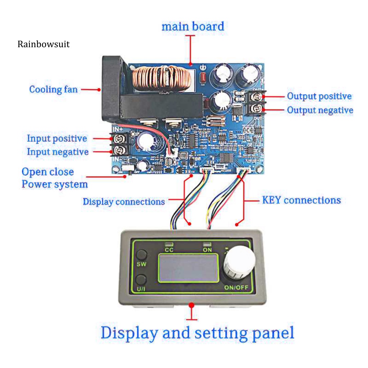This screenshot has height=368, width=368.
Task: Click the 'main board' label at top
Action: tap(192, 27)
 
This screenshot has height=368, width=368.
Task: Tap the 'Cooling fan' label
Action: tap(53, 89)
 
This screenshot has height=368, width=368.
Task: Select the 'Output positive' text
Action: tap(319, 96)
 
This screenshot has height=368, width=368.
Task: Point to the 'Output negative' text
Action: tap(320, 110)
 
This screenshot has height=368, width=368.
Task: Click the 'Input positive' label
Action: tap(57, 138)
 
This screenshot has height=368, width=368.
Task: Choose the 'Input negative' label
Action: tap(57, 152)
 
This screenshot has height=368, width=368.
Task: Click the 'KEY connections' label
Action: tap(301, 200)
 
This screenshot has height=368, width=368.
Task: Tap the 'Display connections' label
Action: tap(124, 202)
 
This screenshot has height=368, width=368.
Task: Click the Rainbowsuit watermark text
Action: tap(43, 45)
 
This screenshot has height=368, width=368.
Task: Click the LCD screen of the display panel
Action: tap(188, 268)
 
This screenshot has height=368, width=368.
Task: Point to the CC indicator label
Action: tap(169, 249)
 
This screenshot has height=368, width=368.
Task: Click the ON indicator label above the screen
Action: tap(207, 249)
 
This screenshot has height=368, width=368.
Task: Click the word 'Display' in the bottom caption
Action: tap(128, 333)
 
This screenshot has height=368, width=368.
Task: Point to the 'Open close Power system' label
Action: tap(54, 178)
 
